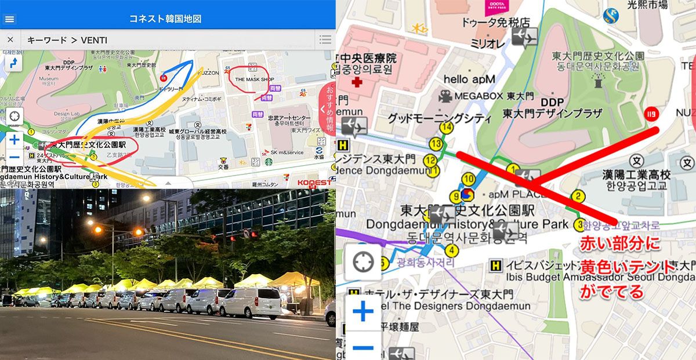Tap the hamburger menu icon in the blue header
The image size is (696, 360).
tap(10, 19)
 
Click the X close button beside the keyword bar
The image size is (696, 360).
tap(10, 40)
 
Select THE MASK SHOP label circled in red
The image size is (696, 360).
tap(254, 79)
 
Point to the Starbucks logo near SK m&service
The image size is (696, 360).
tap(269, 161)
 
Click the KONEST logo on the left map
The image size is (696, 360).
tap(315, 182)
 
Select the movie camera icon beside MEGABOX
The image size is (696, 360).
tap(445, 96)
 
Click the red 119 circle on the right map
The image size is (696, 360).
tap(651, 112)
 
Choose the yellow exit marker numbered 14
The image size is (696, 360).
tap(446, 127)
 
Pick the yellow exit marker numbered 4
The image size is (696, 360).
tap(451, 250)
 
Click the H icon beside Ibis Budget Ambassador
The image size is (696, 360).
tap(496, 265)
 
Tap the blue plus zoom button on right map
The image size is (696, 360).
tap(363, 312)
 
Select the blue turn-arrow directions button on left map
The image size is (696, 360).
tap(13, 62)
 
